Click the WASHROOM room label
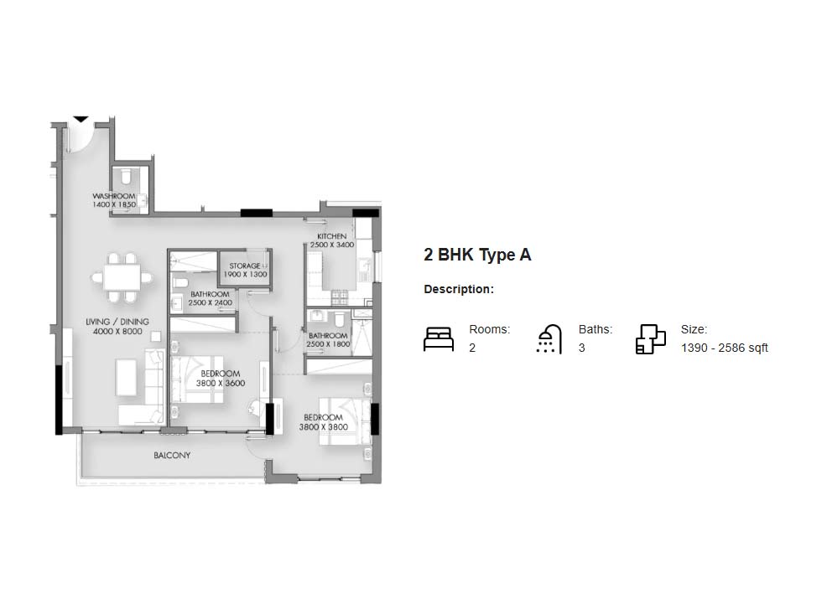point(114,196)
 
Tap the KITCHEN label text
point(332,236)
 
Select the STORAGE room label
point(245,266)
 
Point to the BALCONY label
point(172,455)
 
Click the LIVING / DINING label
point(117,322)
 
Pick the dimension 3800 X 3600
point(221,384)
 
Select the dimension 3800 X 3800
point(323,427)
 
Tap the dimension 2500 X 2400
point(210,302)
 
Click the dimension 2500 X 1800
point(328,344)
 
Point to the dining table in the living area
point(122,277)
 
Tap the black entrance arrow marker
point(81,120)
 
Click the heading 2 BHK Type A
point(477,255)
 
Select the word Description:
point(459,289)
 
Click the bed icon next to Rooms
point(439,338)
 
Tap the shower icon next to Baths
point(549,338)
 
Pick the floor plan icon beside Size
point(650,338)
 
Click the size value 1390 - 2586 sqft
point(724,348)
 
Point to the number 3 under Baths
point(582,348)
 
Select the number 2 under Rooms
point(472,348)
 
